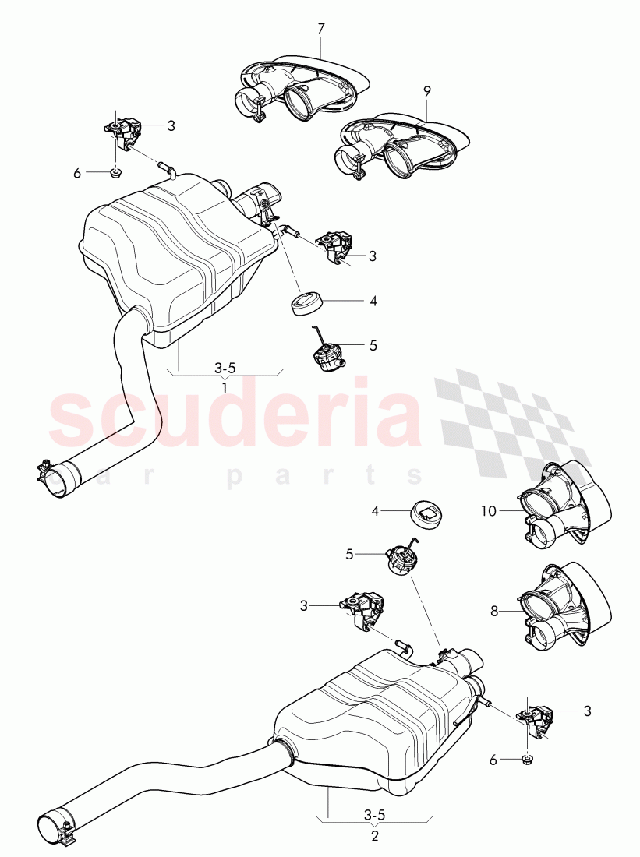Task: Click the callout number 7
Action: point(321,29)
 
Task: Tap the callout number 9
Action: point(426,91)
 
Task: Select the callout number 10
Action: point(488,512)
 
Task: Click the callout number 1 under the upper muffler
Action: point(225,387)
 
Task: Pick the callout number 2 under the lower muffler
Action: point(375,836)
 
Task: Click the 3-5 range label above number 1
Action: point(225,366)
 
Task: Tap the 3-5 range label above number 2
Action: point(375,816)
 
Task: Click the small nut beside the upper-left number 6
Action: point(115,173)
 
